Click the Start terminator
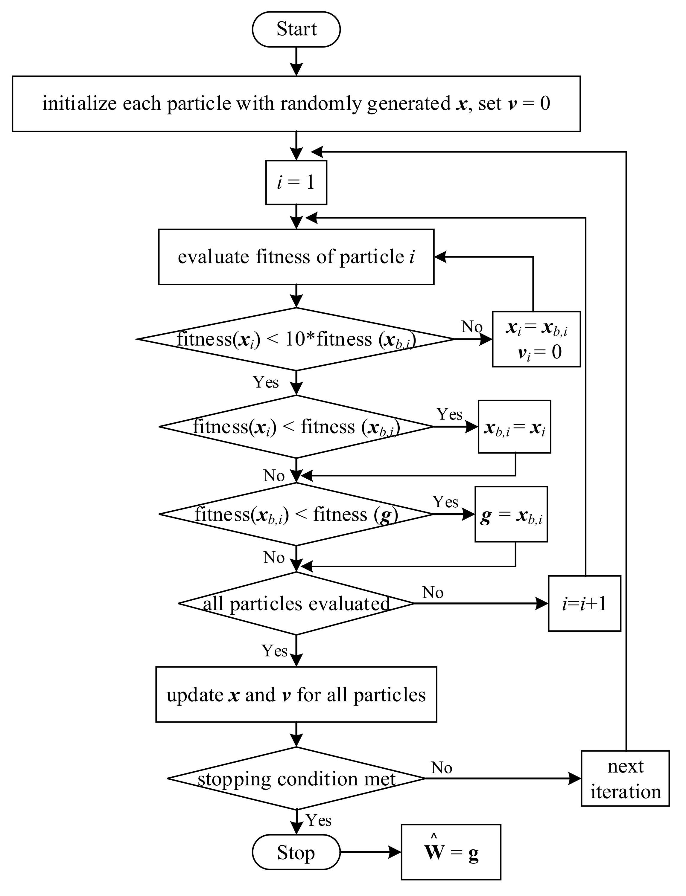pyautogui.click(x=296, y=29)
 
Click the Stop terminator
pyautogui.click(x=296, y=852)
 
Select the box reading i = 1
pyautogui.click(x=296, y=182)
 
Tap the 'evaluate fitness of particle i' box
pyautogui.click(x=296, y=257)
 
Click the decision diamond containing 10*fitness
pyautogui.click(x=296, y=339)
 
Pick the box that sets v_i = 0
pyautogui.click(x=536, y=339)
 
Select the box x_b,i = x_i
pyautogui.click(x=514, y=427)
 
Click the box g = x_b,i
pyautogui.click(x=511, y=514)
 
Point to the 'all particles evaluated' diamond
pyautogui.click(x=296, y=603)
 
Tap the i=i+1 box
pyautogui.click(x=584, y=603)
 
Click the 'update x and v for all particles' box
pyautogui.click(x=296, y=694)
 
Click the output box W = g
pyautogui.click(x=451, y=852)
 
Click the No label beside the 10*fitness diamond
pyautogui.click(x=471, y=327)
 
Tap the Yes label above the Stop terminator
pyautogui.click(x=319, y=820)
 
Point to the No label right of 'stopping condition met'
pyautogui.click(x=441, y=768)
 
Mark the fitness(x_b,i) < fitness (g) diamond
pyautogui.click(x=296, y=514)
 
